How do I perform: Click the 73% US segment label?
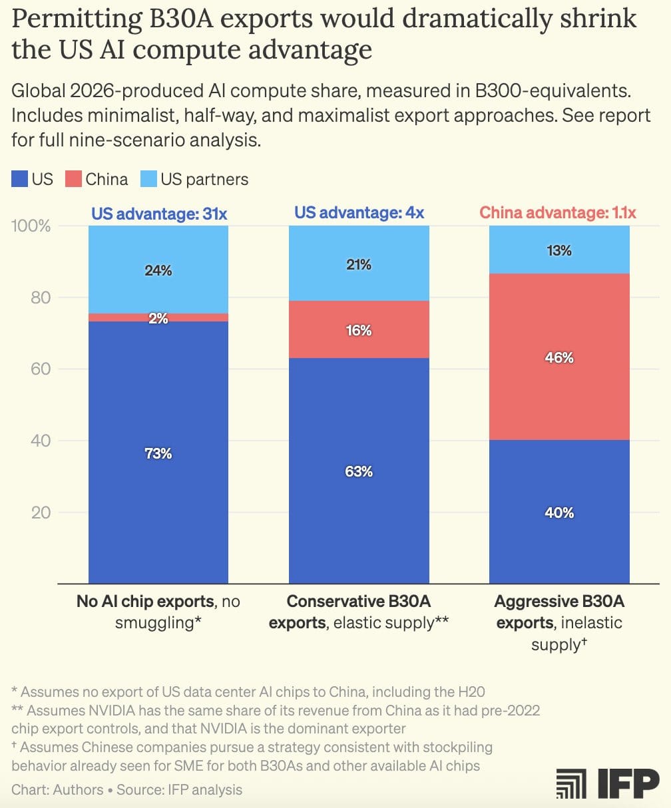click(x=158, y=453)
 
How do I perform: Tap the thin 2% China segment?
click(x=158, y=317)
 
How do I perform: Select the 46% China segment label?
click(x=559, y=357)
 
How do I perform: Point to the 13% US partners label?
click(x=559, y=250)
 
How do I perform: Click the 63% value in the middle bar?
click(x=359, y=471)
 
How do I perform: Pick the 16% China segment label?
click(x=359, y=330)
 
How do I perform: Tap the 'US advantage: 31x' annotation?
click(x=159, y=214)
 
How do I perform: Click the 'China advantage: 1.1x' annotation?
click(x=558, y=212)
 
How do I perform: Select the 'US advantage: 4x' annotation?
click(x=359, y=212)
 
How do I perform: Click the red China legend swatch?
click(x=73, y=179)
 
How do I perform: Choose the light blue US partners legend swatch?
click(x=148, y=179)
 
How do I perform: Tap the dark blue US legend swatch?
click(x=19, y=179)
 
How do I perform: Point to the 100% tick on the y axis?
click(x=31, y=226)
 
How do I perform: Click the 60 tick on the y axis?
click(x=41, y=369)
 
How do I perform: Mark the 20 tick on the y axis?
click(x=41, y=512)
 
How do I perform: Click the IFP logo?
click(x=608, y=783)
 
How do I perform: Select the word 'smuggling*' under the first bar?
click(x=158, y=623)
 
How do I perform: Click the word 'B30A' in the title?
click(x=182, y=18)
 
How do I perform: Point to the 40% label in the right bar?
click(x=559, y=512)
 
